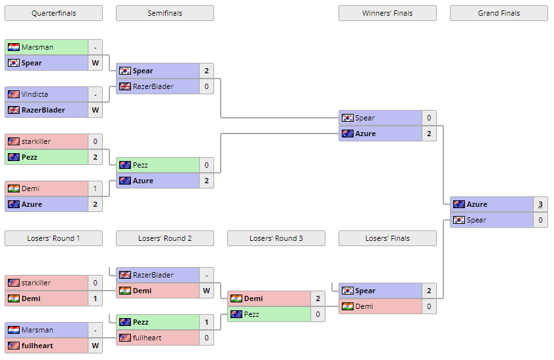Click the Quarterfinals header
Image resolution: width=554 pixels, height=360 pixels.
(53, 13)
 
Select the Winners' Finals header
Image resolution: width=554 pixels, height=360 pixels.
(387, 13)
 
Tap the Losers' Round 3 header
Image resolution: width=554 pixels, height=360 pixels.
(276, 238)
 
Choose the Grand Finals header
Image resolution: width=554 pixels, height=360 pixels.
(498, 13)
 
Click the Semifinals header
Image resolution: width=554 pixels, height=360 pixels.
(164, 13)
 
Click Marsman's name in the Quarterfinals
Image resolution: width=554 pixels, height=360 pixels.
(37, 47)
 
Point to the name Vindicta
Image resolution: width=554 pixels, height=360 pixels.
(35, 94)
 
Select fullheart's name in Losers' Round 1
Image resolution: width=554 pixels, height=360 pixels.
(37, 346)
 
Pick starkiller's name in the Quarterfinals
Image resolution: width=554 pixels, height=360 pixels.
(36, 141)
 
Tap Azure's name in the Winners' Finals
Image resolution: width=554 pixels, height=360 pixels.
(365, 134)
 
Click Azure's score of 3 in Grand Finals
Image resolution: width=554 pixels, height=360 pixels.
(540, 204)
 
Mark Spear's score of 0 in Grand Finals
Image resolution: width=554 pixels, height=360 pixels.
(540, 220)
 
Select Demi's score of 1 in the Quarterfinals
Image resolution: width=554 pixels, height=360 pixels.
(95, 189)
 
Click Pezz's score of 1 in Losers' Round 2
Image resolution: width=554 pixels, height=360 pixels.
(206, 322)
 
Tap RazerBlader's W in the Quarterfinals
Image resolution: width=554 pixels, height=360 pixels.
(95, 110)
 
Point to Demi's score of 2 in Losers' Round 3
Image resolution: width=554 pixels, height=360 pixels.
(318, 298)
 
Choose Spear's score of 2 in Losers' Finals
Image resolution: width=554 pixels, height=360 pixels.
(429, 291)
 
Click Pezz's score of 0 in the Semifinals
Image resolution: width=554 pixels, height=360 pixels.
(206, 165)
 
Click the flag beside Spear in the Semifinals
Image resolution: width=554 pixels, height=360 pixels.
(124, 71)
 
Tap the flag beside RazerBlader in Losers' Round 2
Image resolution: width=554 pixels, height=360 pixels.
(124, 275)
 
